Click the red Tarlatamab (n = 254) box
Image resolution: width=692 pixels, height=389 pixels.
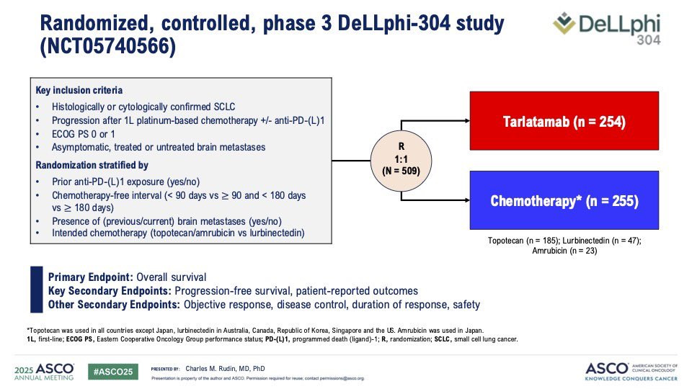[x=564, y=121]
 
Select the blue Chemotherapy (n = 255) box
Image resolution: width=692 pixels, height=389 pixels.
[x=564, y=200]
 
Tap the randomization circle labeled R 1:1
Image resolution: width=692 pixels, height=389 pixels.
[x=401, y=161]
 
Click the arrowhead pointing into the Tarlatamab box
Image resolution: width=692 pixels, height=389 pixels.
[x=467, y=120]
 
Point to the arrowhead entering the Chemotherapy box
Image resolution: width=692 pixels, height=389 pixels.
[x=467, y=200]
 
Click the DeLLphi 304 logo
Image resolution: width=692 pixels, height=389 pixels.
[x=607, y=28]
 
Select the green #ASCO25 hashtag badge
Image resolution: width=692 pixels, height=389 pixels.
[x=113, y=372]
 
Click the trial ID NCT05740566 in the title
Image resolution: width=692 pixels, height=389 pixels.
[x=108, y=46]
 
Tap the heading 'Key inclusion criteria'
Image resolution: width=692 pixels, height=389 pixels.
[x=79, y=90]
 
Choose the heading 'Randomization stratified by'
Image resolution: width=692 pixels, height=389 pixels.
[x=92, y=165]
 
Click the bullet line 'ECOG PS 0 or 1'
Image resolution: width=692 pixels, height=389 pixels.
[x=83, y=134]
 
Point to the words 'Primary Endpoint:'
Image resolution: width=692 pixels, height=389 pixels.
[x=91, y=277]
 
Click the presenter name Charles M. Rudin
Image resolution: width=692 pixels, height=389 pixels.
[x=225, y=369]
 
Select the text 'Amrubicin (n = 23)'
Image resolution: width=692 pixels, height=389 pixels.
[x=564, y=251]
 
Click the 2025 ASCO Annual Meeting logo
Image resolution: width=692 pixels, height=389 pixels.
[x=44, y=372]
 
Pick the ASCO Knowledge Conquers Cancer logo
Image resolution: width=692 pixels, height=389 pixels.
[x=631, y=372]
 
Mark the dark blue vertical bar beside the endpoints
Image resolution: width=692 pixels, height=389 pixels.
[x=37, y=290]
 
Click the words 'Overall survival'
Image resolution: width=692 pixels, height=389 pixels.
[x=172, y=277]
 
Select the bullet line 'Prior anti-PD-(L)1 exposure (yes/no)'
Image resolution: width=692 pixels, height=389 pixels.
[x=125, y=182]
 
